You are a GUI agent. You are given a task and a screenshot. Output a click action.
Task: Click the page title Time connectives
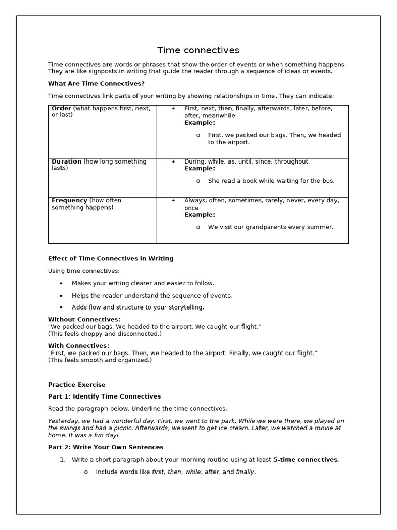(198, 50)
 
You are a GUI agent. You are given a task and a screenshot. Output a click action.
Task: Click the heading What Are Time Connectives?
(96, 83)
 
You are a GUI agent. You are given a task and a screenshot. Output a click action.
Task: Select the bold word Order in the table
(62, 108)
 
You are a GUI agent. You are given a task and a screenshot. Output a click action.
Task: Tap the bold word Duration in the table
(66, 161)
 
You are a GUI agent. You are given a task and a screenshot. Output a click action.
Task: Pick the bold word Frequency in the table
(69, 200)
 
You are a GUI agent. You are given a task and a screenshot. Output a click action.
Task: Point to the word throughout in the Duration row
(291, 161)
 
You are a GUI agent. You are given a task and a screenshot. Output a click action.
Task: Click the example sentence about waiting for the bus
(271, 181)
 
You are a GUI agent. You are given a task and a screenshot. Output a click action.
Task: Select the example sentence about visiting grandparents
(271, 227)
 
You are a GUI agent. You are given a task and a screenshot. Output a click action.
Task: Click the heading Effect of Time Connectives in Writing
(111, 258)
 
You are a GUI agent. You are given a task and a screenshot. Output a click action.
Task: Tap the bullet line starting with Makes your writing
(143, 283)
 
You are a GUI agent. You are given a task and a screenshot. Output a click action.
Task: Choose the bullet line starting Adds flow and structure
(138, 307)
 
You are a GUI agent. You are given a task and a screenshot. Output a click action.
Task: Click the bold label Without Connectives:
(84, 319)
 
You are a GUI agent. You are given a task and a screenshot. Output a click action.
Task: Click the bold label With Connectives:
(79, 345)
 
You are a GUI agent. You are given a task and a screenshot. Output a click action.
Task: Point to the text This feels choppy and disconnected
(105, 334)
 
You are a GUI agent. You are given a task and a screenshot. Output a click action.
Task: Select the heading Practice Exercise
(77, 385)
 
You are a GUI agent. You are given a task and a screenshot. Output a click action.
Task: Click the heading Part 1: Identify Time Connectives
(104, 396)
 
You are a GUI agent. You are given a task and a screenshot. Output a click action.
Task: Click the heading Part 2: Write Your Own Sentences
(105, 447)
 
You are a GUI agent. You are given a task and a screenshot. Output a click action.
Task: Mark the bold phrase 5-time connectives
(305, 460)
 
